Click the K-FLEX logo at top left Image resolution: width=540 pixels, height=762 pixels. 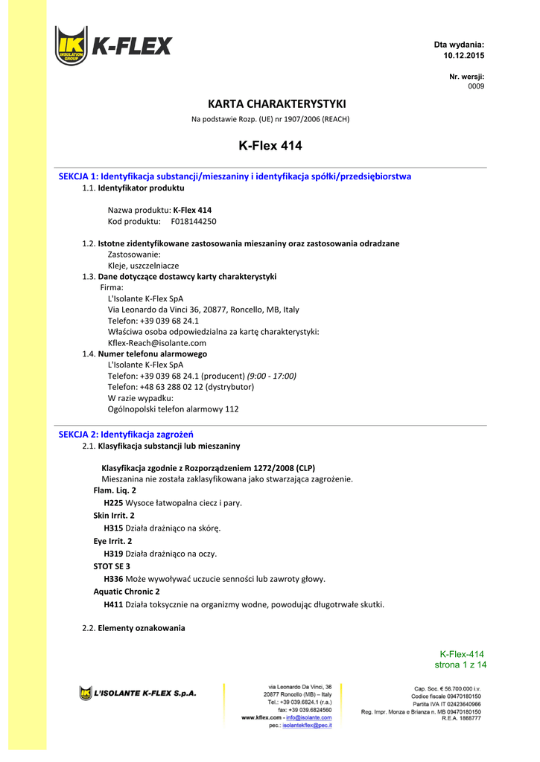pyautogui.click(x=112, y=46)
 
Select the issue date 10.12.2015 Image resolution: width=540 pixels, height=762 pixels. pyautogui.click(x=463, y=56)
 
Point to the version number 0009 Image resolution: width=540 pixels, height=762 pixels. pyautogui.click(x=476, y=86)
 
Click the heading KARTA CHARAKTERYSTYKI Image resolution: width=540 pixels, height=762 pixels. pyautogui.click(x=270, y=103)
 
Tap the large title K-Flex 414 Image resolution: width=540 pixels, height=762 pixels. pyautogui.click(x=270, y=146)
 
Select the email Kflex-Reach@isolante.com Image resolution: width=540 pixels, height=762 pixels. pyautogui.click(x=157, y=343)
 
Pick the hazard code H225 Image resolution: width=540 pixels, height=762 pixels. pyautogui.click(x=113, y=502)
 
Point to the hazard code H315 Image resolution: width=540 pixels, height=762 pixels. pyautogui.click(x=113, y=528)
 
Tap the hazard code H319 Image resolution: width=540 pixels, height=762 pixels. pyautogui.click(x=113, y=554)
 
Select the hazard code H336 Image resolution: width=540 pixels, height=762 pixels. pyautogui.click(x=113, y=578)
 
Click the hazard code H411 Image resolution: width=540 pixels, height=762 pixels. pyautogui.click(x=113, y=604)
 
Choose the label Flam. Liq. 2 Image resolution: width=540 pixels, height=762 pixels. pyautogui.click(x=115, y=490)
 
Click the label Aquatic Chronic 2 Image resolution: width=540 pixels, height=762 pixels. pyautogui.click(x=127, y=592)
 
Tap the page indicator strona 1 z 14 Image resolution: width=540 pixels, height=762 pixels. pyautogui.click(x=460, y=665)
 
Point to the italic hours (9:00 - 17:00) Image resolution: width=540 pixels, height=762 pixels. pyautogui.click(x=272, y=376)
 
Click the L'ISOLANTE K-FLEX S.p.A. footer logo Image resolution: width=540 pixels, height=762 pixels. pyautogui.click(x=138, y=694)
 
